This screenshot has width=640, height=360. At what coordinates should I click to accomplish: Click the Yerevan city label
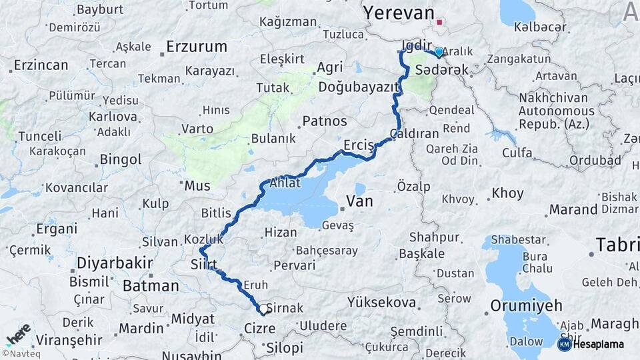point(399,12)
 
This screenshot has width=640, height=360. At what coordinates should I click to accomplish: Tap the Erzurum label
point(197,47)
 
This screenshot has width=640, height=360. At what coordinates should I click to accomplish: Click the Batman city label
point(151,286)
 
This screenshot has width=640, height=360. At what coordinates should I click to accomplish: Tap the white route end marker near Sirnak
point(264,309)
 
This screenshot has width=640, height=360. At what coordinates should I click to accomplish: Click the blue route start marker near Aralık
point(439,51)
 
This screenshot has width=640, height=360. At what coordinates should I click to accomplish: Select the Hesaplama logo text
point(599,344)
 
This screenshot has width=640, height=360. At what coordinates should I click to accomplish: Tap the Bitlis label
point(217,213)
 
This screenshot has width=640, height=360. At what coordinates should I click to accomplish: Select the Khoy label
point(508,193)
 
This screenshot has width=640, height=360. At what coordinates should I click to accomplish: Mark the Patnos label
point(325,121)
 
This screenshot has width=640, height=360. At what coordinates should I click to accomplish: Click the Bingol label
point(121,159)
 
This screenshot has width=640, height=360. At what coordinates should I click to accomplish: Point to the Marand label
point(573,209)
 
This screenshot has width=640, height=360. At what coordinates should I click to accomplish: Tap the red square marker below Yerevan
point(439,23)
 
